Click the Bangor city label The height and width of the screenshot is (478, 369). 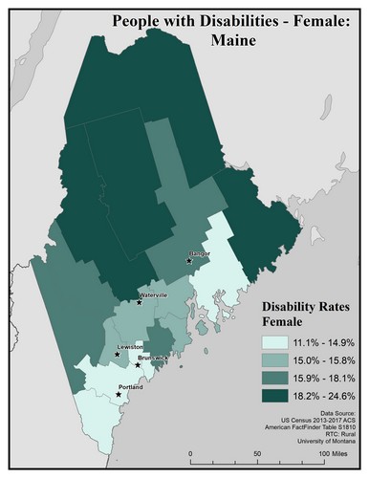[200, 254]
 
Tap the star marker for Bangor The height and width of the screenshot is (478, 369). [189, 260]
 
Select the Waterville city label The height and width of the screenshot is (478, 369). [154, 295]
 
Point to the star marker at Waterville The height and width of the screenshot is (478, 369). [140, 302]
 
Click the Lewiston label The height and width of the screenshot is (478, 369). [131, 346]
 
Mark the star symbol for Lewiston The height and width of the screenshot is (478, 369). [118, 354]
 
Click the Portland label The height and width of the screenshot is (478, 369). [130, 387]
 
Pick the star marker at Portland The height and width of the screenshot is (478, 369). [119, 394]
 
